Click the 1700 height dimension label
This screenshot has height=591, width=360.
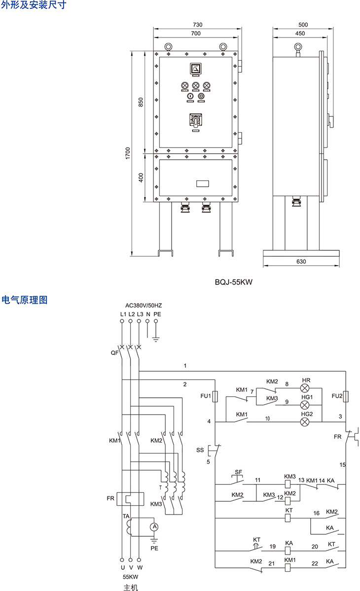pos(127,153)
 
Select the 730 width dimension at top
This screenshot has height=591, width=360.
pos(198,24)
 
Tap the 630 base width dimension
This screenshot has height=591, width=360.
pos(301,261)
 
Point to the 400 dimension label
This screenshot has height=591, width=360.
pos(141,177)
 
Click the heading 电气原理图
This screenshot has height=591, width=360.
pos(25,299)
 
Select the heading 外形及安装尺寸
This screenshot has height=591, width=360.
pos(33,5)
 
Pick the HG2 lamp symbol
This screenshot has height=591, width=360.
pos(305,422)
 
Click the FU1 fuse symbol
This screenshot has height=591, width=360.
pos(215,396)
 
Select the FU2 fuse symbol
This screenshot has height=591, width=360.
pos(346,396)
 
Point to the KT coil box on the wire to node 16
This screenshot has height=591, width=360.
pos(289,518)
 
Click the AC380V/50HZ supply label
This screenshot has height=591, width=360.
pos(144,305)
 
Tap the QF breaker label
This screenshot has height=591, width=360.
pos(114,353)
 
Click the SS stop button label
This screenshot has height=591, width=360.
pos(200,450)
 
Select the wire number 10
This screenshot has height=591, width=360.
pos(267,418)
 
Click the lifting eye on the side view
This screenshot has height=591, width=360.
pos(297,47)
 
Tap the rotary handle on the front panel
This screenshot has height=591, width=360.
pos(196,119)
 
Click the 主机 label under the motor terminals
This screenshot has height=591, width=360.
pos(131,587)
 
